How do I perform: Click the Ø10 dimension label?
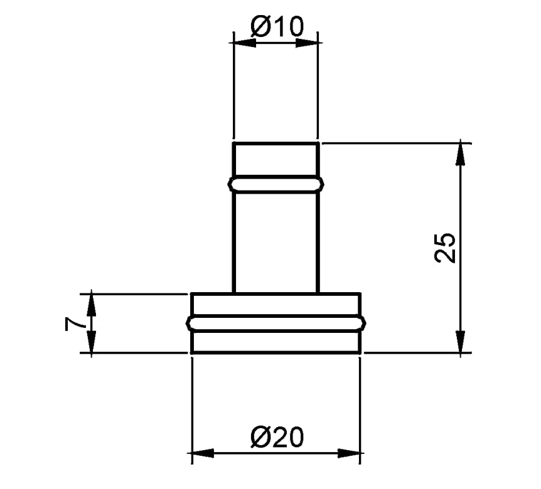pyautogui.click(x=277, y=26)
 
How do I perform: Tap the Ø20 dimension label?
pyautogui.click(x=277, y=437)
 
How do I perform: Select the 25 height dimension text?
pyautogui.click(x=445, y=248)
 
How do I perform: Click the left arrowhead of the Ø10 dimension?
pyautogui.click(x=245, y=43)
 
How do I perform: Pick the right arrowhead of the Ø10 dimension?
pyautogui.click(x=307, y=43)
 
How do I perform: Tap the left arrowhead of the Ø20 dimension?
pyautogui.click(x=203, y=453)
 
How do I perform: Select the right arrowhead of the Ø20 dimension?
pyautogui.click(x=349, y=453)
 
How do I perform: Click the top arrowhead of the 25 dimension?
pyautogui.click(x=460, y=155)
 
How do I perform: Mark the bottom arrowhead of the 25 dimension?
pyautogui.click(x=460, y=341)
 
